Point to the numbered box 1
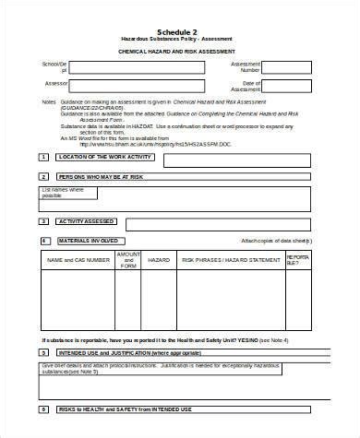coord(43,158)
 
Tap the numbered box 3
coord(43,221)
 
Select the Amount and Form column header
coord(128,260)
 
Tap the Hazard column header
coord(160,260)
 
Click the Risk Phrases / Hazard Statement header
coord(231,260)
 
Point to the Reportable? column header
coord(299,260)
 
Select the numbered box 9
coord(43,408)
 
